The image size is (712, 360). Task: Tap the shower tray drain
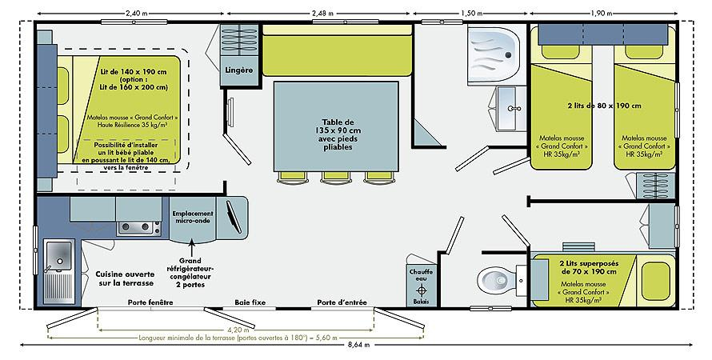click(508, 55)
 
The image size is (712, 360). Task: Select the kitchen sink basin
click(59, 255)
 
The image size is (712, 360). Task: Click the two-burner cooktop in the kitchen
click(138, 228)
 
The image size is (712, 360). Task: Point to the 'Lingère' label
click(239, 70)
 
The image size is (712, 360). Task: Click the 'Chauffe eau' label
click(422, 275)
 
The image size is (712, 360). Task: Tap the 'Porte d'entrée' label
click(342, 302)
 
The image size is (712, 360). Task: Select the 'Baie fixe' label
click(250, 302)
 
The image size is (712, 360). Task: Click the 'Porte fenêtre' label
click(150, 302)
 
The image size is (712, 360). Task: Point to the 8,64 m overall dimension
click(358, 345)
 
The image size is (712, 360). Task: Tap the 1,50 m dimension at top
click(472, 13)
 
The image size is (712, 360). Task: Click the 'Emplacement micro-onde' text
click(193, 217)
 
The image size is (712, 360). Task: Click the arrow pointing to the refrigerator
click(192, 248)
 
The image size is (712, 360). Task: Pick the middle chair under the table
click(334, 178)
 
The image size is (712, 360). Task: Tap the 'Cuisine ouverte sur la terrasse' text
click(125, 278)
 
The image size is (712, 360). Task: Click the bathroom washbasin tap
click(514, 109)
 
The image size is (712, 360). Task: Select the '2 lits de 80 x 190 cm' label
click(604, 106)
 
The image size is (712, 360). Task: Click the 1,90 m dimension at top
click(602, 13)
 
